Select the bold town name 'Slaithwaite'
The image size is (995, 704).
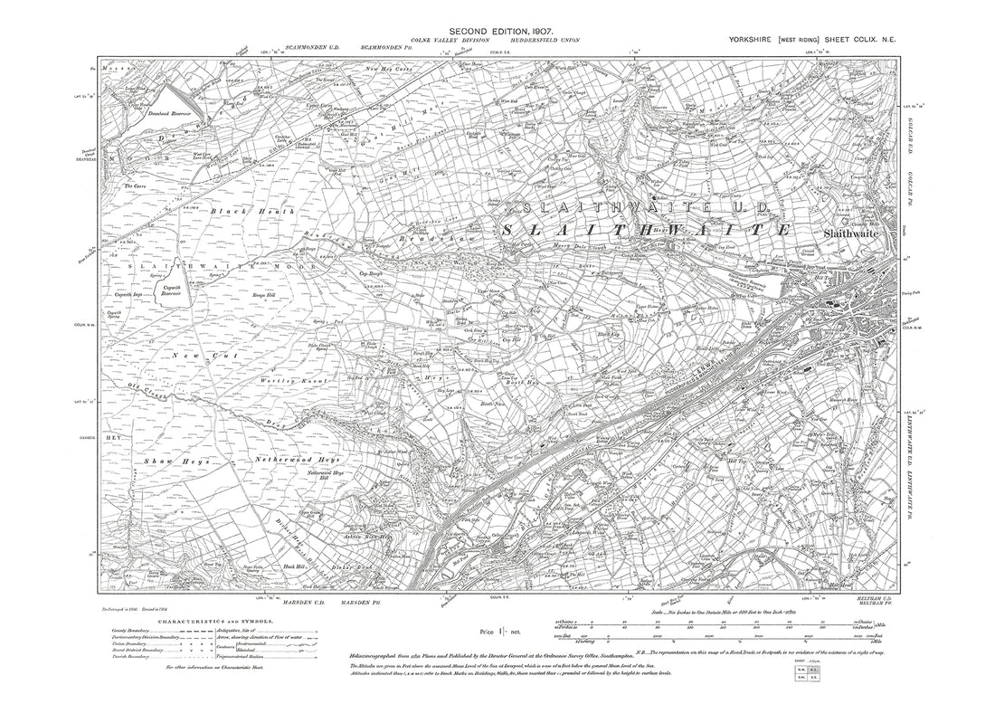[x=840, y=232]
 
